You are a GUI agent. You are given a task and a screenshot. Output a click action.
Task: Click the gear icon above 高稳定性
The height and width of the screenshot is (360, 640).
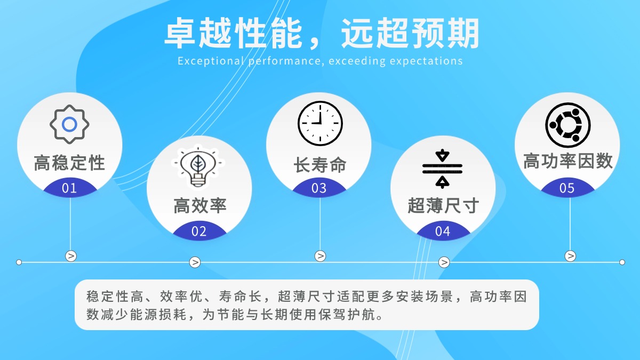70,124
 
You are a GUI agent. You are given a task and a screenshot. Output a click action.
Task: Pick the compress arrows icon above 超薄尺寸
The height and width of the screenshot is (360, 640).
443,169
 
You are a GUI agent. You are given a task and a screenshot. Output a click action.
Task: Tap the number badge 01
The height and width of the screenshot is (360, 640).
69,188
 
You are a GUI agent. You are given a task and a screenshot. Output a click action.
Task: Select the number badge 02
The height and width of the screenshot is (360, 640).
199,231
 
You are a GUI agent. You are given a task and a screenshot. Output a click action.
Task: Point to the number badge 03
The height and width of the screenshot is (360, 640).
319,188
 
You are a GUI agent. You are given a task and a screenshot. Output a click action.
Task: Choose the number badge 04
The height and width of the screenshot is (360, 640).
443,231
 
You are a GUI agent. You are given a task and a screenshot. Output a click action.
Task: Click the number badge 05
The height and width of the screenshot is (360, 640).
567,188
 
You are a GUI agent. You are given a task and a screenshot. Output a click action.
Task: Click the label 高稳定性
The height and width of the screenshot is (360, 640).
70,163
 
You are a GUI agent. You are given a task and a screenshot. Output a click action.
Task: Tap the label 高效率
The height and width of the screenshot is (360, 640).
199,206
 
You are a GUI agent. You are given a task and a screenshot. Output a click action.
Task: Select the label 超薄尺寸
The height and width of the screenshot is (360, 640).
443,206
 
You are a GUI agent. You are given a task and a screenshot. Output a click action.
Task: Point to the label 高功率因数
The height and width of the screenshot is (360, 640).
567,161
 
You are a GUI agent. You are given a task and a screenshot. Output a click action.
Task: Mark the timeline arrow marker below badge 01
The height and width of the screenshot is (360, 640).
71,256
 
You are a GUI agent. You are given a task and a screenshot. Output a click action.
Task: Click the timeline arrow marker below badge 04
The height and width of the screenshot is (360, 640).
444,262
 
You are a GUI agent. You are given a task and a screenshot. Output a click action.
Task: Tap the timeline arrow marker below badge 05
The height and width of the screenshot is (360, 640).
570,256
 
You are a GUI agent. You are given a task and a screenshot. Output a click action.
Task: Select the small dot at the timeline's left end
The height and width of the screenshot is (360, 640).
19,262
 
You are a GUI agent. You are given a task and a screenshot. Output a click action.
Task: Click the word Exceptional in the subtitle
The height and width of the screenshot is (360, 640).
210,61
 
